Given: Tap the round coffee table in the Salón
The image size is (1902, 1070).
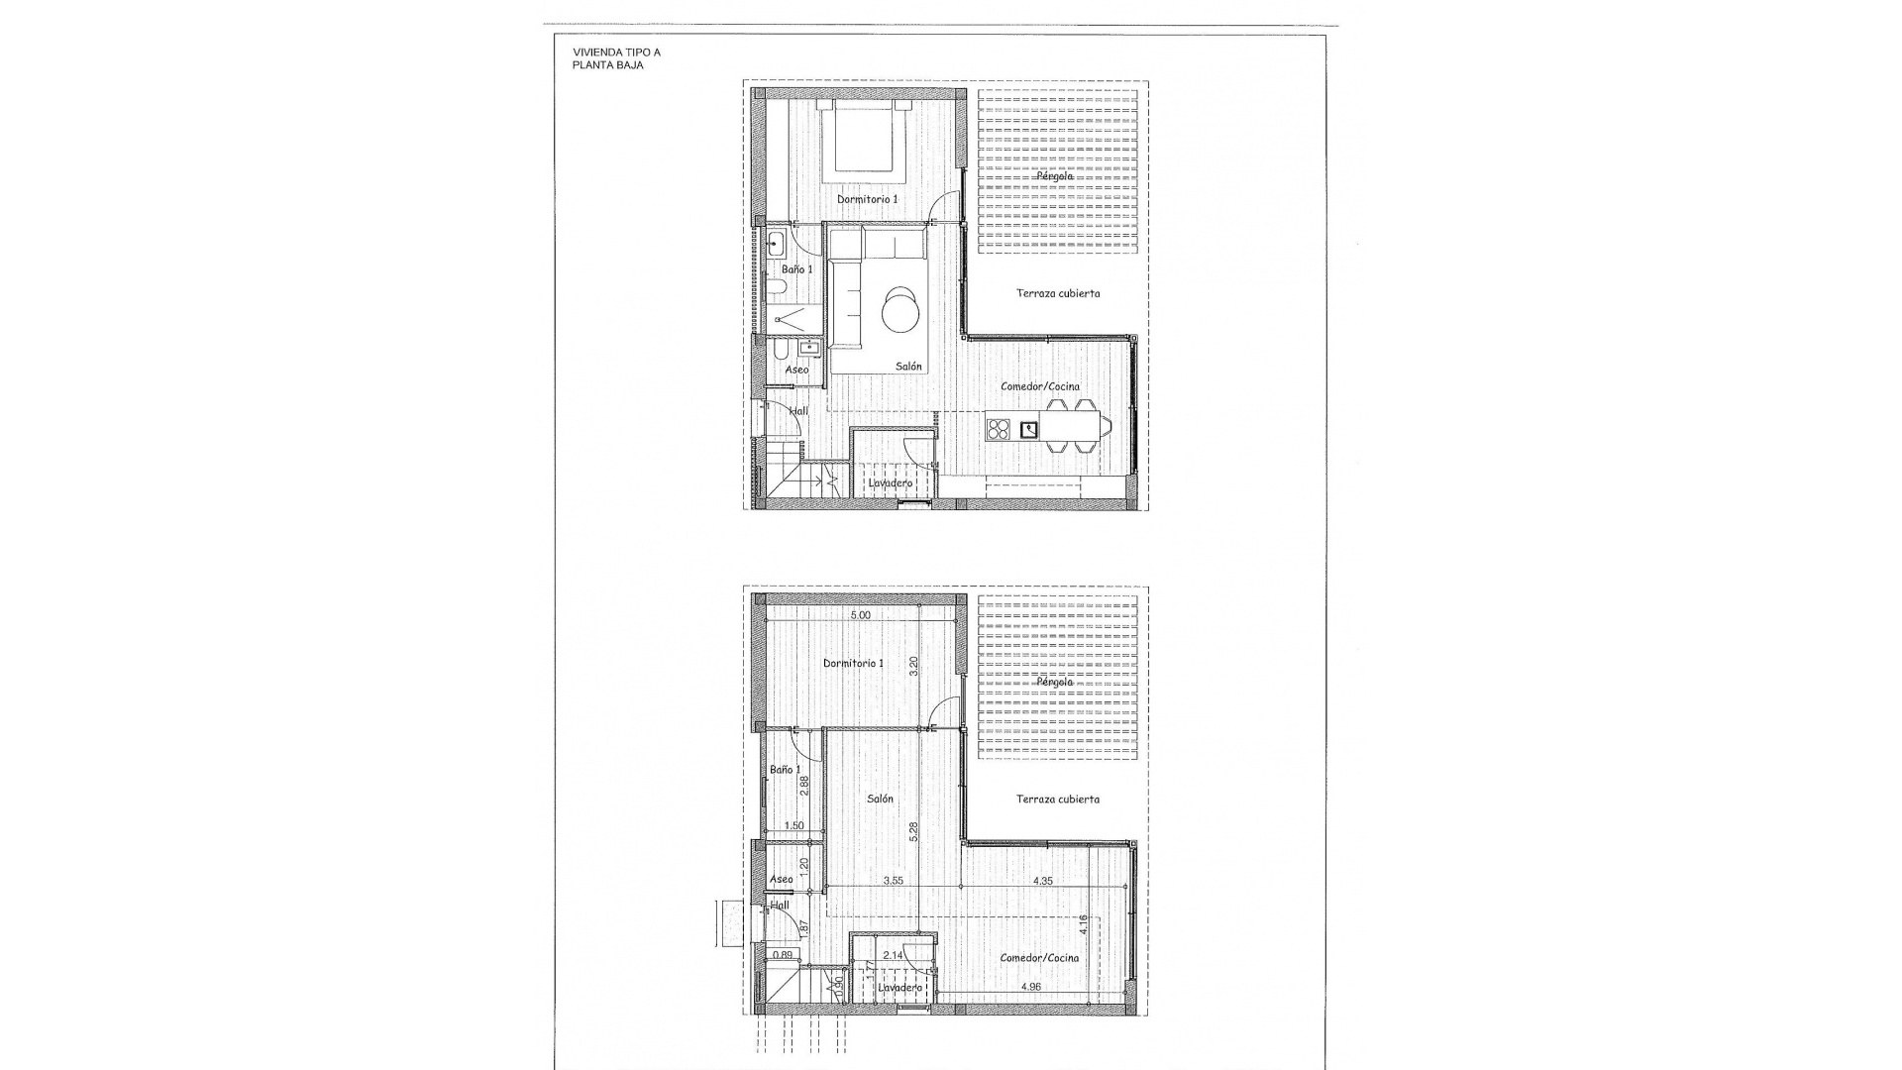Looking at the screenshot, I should pyautogui.click(x=901, y=308).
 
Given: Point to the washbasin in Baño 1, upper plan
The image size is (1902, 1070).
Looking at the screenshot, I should pyautogui.click(x=776, y=243).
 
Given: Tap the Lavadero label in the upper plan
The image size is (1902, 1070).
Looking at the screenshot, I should pyautogui.click(x=890, y=483).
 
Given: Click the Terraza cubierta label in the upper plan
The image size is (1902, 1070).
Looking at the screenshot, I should pyautogui.click(x=1057, y=293).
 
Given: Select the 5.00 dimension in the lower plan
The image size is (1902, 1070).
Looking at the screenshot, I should pyautogui.click(x=861, y=615).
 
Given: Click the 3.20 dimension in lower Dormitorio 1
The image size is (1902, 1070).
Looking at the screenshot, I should pyautogui.click(x=914, y=666).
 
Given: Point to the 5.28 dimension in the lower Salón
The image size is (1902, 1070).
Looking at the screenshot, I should pyautogui.click(x=914, y=830).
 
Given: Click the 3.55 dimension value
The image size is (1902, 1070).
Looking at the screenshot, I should pyautogui.click(x=893, y=880).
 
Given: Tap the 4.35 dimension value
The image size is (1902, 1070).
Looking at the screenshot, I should pyautogui.click(x=1042, y=880).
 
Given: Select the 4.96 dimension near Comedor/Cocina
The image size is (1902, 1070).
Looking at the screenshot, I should pyautogui.click(x=1030, y=987).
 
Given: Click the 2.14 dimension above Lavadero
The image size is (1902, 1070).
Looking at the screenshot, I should pyautogui.click(x=892, y=955).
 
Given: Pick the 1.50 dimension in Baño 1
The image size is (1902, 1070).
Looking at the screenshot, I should pyautogui.click(x=793, y=825).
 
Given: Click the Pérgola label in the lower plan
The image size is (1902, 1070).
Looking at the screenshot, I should pyautogui.click(x=1055, y=682).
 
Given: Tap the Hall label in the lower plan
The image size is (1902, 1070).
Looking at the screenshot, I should pyautogui.click(x=781, y=905).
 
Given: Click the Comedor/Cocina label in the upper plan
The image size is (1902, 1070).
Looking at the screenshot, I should pyautogui.click(x=1039, y=386).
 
